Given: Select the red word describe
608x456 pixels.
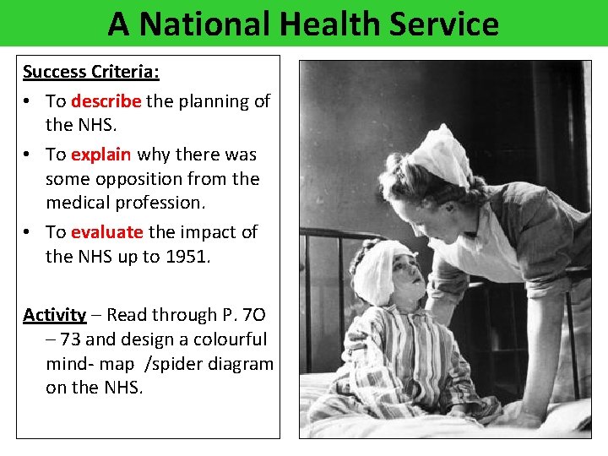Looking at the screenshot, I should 106,101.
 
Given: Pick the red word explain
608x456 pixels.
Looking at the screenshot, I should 100,155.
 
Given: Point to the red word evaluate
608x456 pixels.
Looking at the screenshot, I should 106,231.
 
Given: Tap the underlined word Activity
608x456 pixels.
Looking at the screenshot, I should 54,315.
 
